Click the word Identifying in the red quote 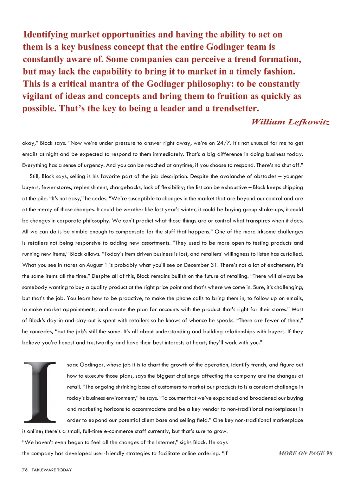point(45,35)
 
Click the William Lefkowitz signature point(290,122)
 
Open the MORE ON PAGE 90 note point(305,453)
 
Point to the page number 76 point(25,470)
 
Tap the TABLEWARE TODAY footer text point(52,470)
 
